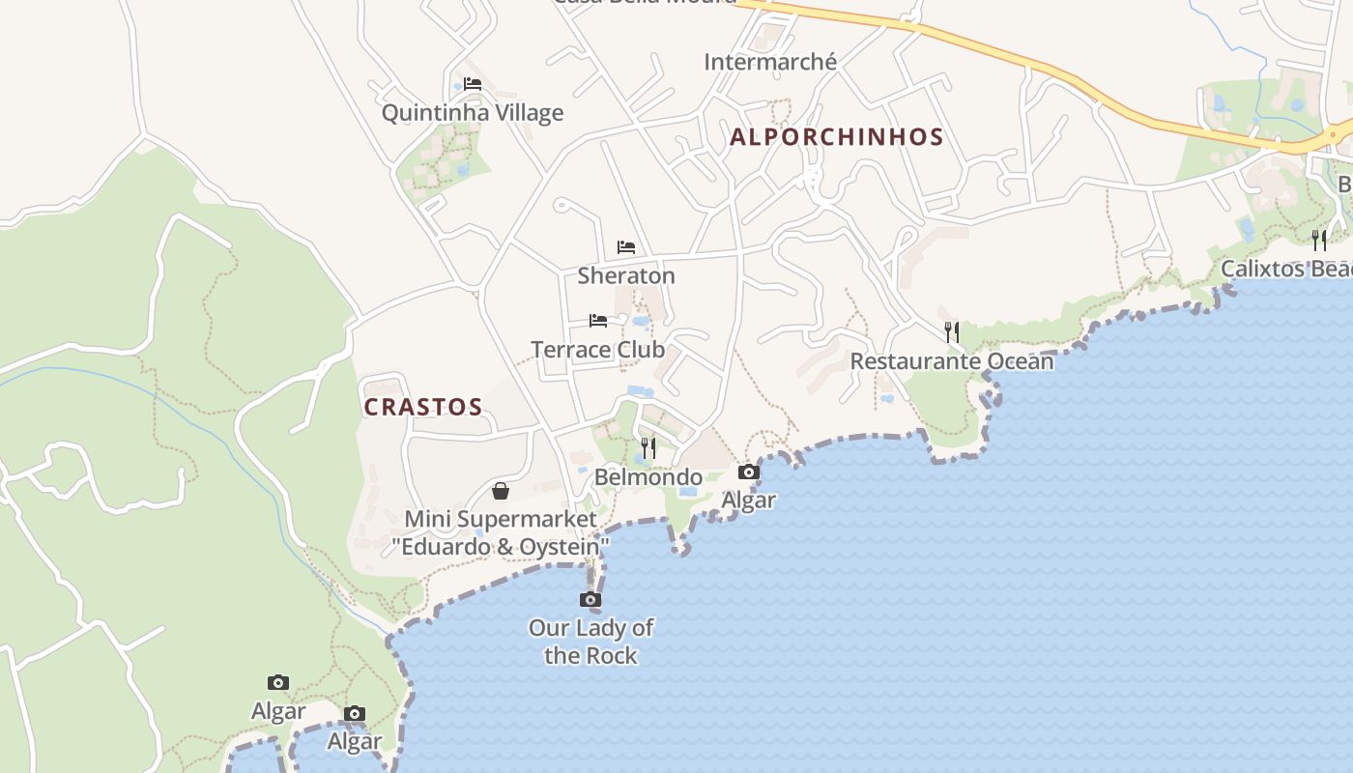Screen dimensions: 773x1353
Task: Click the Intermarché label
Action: click(x=770, y=63)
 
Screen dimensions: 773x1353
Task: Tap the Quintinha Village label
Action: click(x=473, y=113)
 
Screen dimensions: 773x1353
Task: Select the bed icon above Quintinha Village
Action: click(x=473, y=84)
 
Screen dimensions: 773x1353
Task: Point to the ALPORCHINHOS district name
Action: click(x=836, y=137)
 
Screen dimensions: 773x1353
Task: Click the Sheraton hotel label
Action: click(x=626, y=276)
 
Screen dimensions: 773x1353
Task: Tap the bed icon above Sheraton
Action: click(x=626, y=247)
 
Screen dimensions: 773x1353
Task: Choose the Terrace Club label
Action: click(x=598, y=350)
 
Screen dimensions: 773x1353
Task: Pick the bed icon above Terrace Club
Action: click(x=598, y=321)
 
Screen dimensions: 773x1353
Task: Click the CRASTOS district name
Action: click(x=423, y=407)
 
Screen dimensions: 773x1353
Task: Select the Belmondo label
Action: click(x=648, y=477)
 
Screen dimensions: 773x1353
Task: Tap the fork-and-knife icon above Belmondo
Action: click(x=648, y=448)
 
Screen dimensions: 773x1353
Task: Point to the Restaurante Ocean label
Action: click(x=952, y=361)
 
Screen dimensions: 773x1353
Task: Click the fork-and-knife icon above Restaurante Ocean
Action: click(x=952, y=332)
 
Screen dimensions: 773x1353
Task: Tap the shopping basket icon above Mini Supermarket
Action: click(x=501, y=491)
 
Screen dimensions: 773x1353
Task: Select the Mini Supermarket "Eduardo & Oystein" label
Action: click(x=501, y=533)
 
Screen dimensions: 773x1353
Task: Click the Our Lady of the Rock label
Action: click(x=590, y=642)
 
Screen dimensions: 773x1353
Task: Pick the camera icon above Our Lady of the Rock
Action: click(x=590, y=600)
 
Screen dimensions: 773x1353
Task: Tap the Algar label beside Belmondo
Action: click(x=749, y=501)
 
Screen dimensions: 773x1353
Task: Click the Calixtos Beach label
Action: click(x=1286, y=269)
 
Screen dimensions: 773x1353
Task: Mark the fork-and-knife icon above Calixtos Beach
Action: click(x=1319, y=240)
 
